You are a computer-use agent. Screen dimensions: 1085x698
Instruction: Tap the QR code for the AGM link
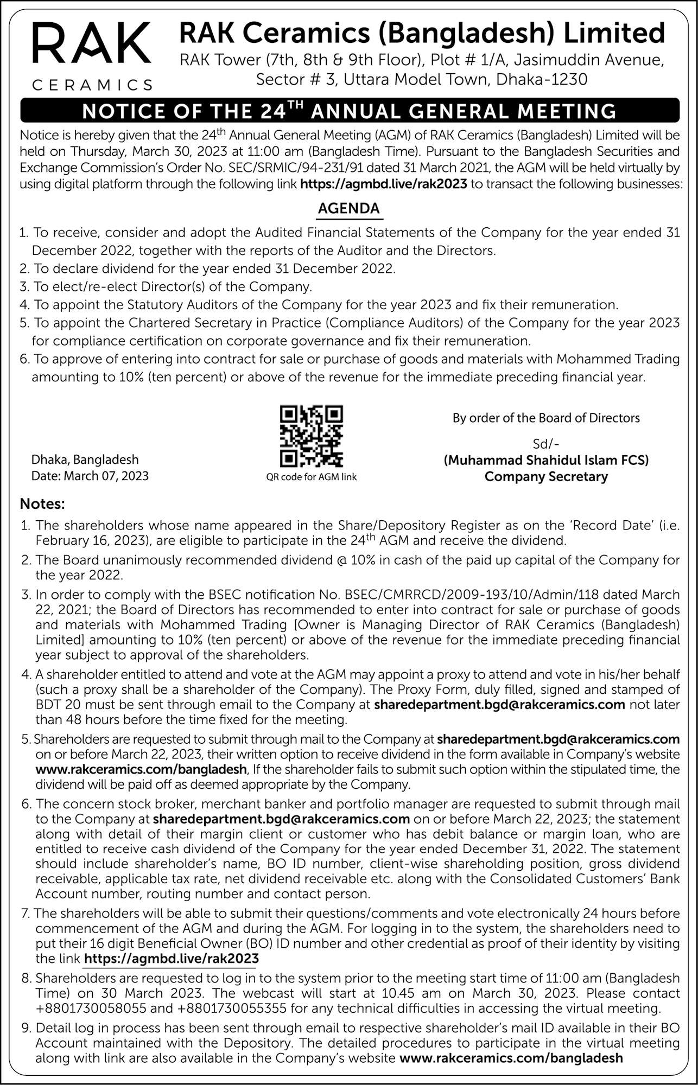[311, 436]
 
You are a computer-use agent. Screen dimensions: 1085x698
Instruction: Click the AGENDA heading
[349, 209]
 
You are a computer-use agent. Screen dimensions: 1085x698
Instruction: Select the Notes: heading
[42, 504]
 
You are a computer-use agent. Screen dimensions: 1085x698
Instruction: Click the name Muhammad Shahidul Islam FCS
[546, 461]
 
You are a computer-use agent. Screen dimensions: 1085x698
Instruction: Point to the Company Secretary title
[546, 477]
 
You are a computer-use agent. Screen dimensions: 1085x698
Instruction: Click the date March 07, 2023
[106, 476]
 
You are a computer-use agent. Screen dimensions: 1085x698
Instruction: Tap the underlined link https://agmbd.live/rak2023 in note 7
[172, 959]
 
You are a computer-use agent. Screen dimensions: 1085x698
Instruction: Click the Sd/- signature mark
[545, 444]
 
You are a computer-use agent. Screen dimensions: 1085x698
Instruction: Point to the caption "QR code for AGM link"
[311, 477]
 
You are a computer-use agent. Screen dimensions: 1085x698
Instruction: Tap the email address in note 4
[500, 705]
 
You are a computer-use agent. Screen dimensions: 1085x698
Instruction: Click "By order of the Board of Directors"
[546, 418]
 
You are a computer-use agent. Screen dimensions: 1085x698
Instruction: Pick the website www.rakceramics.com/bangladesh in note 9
[511, 1058]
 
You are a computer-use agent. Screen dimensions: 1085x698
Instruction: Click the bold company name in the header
[422, 34]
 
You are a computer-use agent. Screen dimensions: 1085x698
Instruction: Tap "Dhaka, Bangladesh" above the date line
[85, 460]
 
